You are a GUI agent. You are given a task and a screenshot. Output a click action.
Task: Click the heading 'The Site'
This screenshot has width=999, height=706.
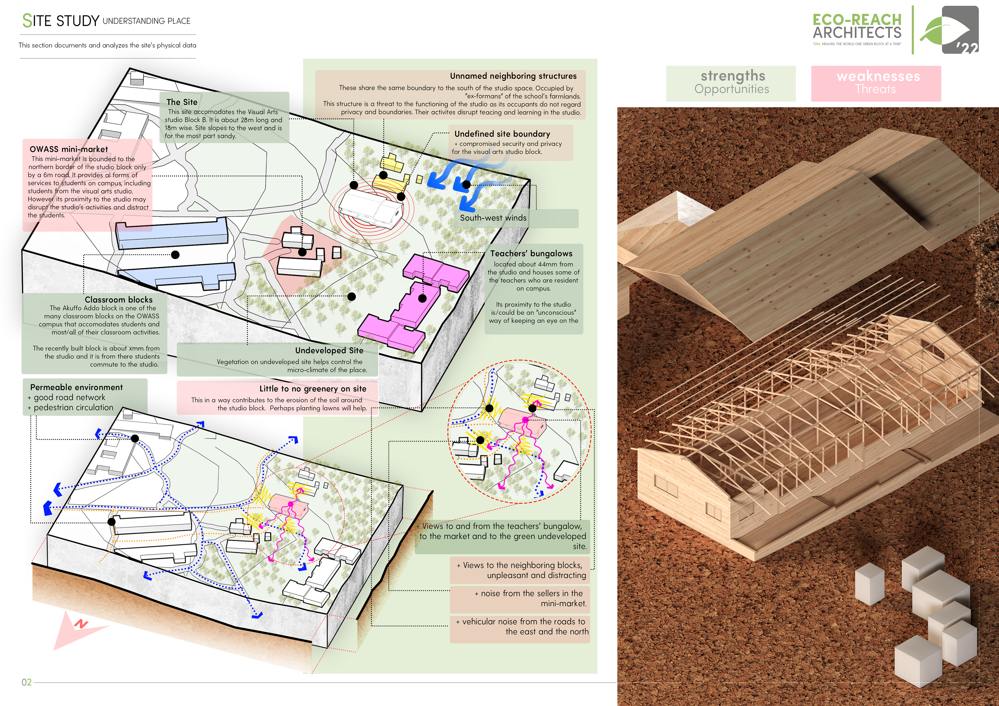182,102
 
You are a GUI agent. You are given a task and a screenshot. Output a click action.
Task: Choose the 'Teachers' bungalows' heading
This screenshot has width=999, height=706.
531,254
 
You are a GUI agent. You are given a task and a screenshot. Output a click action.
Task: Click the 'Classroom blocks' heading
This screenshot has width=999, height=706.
118,300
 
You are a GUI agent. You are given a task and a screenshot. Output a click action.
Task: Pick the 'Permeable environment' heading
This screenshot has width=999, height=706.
76,387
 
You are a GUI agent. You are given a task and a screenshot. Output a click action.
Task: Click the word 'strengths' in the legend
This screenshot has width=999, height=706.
733,76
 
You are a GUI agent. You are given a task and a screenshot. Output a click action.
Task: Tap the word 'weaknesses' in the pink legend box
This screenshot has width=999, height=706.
878,76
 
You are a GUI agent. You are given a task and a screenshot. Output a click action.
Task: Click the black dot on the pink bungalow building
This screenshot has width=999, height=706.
422,299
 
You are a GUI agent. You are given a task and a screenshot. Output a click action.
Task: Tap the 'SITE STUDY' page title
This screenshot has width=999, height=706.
61,21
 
